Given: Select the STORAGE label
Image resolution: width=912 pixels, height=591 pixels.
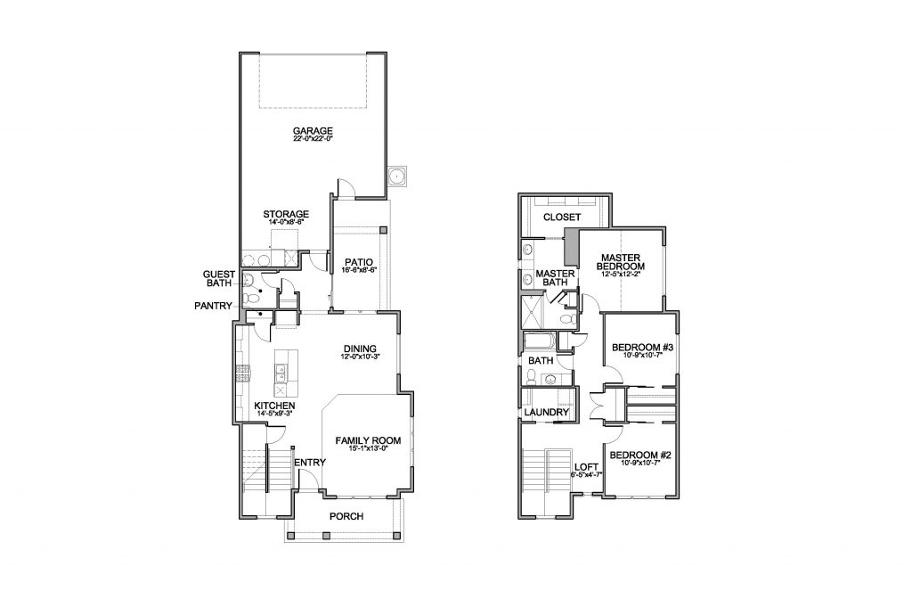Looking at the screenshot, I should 286,215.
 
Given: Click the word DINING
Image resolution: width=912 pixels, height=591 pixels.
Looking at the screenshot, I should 359,349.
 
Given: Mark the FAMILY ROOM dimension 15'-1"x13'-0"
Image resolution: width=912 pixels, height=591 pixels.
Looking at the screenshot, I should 367,450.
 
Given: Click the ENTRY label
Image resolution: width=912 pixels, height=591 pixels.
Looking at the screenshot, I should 309,462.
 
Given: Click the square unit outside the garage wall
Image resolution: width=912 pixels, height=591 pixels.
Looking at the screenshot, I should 397,176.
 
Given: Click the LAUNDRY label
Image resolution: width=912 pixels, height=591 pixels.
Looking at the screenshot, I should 546,413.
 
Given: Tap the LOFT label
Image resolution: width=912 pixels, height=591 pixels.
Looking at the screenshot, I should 584,465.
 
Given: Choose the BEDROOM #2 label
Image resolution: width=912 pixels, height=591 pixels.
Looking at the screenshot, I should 639,456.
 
